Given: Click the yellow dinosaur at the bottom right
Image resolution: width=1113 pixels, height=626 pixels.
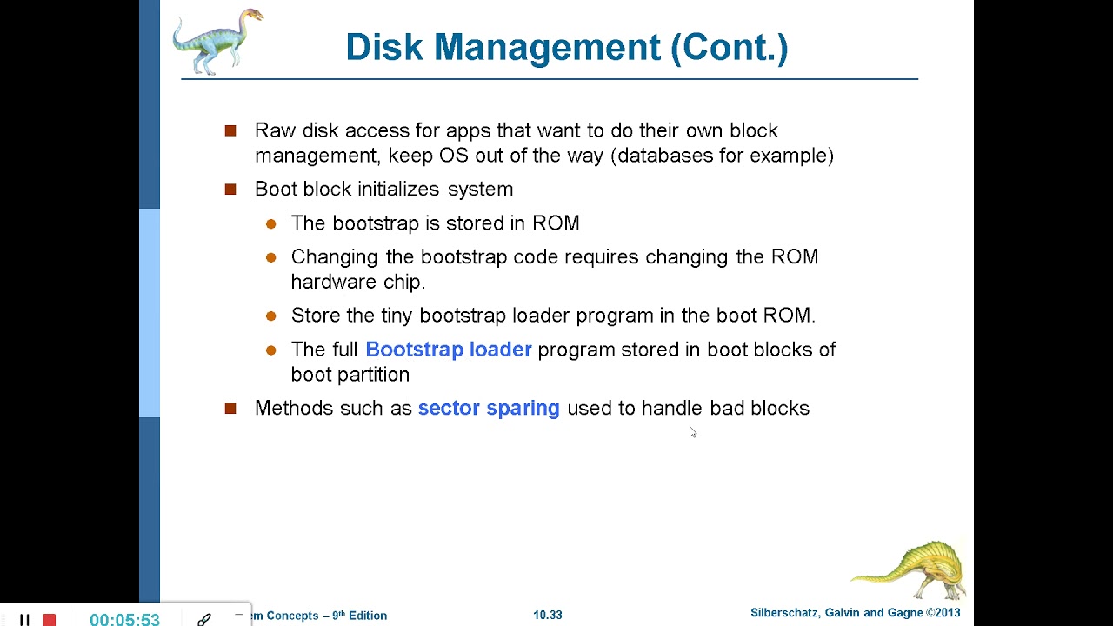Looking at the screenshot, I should coord(911,569).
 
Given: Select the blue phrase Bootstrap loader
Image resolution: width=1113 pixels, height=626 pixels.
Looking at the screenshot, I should coord(448,350).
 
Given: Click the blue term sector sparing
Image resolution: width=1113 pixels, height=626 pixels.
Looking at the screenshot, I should coord(489,409).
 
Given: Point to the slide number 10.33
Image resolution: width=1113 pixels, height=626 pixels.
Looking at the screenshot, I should coord(548,615).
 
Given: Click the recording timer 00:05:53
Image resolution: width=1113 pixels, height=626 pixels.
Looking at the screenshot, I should coord(124,619).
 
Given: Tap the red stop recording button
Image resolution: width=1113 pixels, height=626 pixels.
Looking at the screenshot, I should coord(50,620).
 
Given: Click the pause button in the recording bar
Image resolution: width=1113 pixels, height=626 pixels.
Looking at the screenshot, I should coord(24,620).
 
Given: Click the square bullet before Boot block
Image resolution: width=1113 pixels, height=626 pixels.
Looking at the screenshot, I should coord(230,189).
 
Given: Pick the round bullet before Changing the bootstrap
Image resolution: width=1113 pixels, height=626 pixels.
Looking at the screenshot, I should coord(271,257).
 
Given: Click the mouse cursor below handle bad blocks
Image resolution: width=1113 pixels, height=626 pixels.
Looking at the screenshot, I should coord(692,432).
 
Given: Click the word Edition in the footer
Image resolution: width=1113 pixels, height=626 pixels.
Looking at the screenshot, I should coord(368,616).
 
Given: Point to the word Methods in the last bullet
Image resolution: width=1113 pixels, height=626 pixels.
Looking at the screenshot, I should coord(294,409).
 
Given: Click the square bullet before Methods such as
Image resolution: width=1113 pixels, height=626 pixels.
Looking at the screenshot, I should coord(230,408).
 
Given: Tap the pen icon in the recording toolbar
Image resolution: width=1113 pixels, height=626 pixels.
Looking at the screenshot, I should coord(203,619).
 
